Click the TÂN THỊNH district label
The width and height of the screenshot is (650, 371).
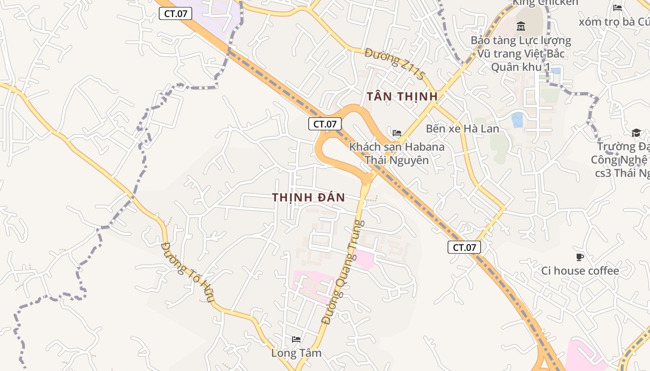[x=402, y=96]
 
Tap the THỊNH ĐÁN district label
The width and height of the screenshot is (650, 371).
[x=309, y=198]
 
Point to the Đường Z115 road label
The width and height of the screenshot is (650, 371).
[x=395, y=64]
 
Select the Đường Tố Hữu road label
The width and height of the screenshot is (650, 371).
[x=188, y=272]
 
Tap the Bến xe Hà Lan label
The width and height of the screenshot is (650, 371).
[x=462, y=128]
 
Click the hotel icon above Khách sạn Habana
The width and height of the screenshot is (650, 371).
[x=397, y=133]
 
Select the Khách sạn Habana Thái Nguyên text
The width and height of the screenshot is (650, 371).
[x=396, y=154]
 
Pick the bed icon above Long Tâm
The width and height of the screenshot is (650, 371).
[x=296, y=340]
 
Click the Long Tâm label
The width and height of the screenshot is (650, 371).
[x=296, y=353]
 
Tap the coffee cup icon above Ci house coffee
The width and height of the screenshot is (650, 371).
[x=579, y=257]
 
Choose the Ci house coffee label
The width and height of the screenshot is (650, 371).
[x=580, y=271]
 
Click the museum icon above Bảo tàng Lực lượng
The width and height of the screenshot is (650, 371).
[x=520, y=26]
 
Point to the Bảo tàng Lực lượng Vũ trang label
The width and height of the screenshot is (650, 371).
[x=521, y=47]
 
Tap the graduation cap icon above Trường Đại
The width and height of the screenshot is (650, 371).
[x=636, y=133]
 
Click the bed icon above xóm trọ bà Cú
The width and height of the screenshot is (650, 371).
[x=617, y=8]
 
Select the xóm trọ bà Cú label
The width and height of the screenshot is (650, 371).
[x=614, y=21]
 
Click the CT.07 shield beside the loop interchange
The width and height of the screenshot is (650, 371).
[x=325, y=124]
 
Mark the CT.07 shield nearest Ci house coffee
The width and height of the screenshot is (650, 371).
[x=464, y=247]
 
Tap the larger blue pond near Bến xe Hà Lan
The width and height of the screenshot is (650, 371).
[x=517, y=120]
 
